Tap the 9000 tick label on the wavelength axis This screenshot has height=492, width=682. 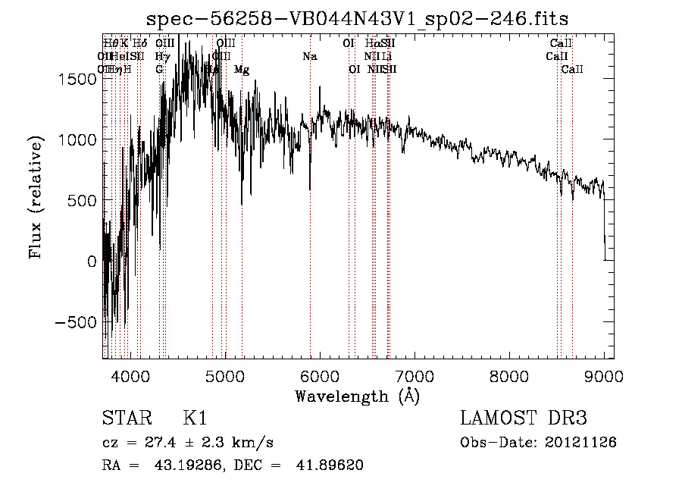click(604, 375)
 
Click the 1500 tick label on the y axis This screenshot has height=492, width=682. click(80, 80)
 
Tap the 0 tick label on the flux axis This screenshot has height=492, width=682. click(92, 262)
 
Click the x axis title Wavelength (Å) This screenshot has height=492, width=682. click(357, 396)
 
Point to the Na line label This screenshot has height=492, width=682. click(309, 57)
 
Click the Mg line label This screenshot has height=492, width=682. click(241, 70)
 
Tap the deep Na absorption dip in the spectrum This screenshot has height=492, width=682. click(310, 186)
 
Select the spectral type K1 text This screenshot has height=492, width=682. click(195, 418)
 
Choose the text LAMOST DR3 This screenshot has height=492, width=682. click(524, 418)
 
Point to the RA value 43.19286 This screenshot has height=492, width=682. click(183, 465)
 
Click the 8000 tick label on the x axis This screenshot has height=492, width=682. click(509, 375)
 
